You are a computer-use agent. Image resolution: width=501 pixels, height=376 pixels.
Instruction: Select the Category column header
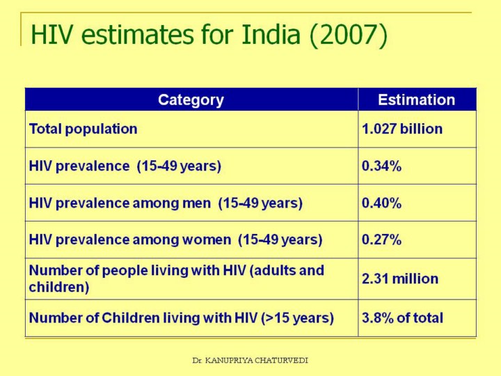(x=191, y=100)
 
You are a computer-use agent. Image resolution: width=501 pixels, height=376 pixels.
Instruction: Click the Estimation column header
(x=416, y=100)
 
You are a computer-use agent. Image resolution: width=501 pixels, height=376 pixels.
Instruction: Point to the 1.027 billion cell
(x=401, y=129)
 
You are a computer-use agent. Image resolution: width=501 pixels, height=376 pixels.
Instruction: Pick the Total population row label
(x=83, y=129)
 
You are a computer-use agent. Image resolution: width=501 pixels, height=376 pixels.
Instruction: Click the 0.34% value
(x=381, y=166)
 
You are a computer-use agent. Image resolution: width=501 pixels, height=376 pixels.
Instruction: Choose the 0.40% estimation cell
(x=381, y=203)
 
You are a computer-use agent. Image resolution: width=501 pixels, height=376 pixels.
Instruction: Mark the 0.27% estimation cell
(x=381, y=240)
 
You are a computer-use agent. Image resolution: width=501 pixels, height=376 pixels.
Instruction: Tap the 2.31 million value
(x=400, y=279)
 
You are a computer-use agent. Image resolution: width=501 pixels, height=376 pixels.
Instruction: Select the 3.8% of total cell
(x=402, y=318)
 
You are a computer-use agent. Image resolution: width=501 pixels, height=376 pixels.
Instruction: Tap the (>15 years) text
(x=297, y=318)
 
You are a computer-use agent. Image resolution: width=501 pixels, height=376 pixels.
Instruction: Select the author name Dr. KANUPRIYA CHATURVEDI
(x=250, y=360)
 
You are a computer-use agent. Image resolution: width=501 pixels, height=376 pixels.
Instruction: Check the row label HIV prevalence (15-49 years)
(x=125, y=166)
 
